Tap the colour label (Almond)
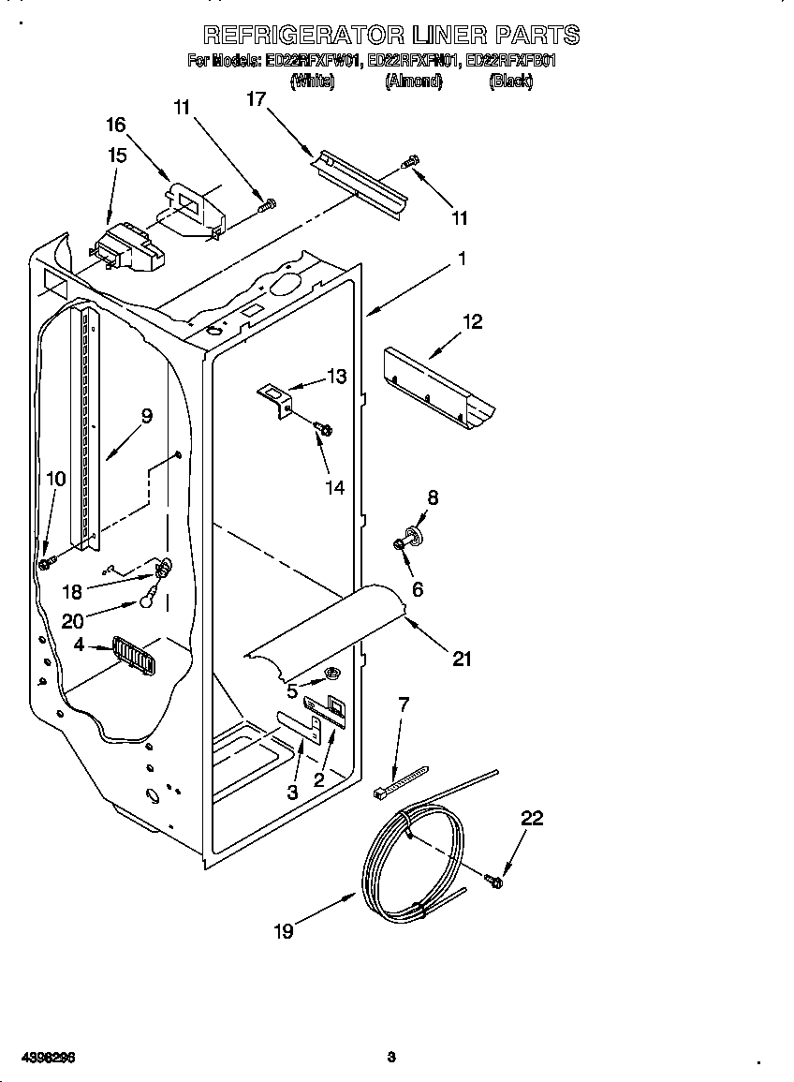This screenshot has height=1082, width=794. point(413,82)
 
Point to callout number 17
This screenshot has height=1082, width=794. point(257,99)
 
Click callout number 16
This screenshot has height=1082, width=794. point(115,125)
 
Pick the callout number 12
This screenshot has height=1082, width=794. point(473,321)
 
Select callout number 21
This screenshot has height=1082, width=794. point(461,660)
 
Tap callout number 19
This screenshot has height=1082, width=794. point(284,930)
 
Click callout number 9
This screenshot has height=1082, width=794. point(146,416)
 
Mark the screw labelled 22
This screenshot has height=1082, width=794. point(494,880)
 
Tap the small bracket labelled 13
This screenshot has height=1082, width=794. point(275,397)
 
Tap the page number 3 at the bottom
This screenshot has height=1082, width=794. point(391,1057)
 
